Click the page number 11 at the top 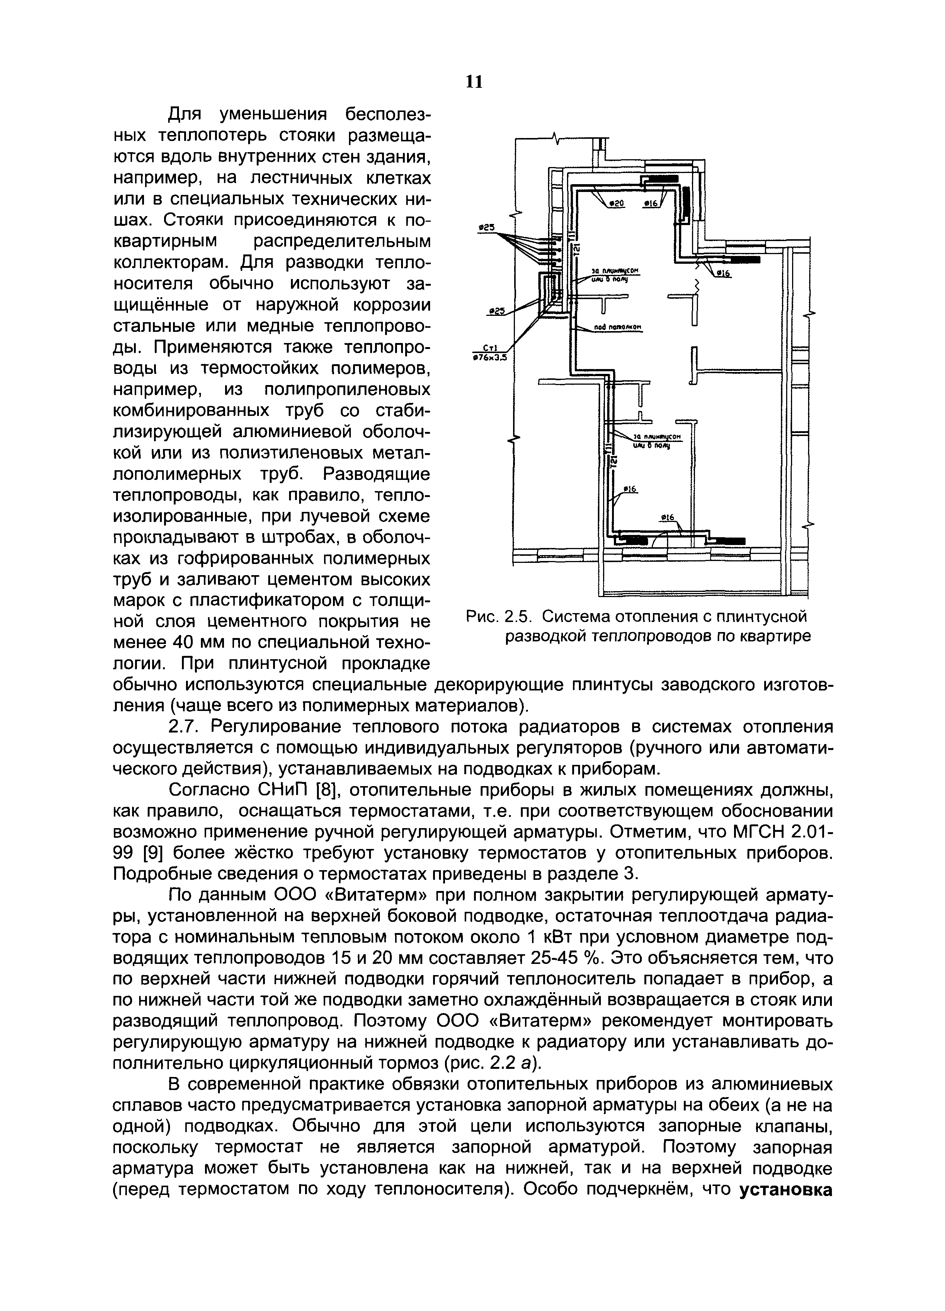(473, 82)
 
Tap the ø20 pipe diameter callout (617, 203)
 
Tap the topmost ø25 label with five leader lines (487, 228)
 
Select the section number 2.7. (183, 726)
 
